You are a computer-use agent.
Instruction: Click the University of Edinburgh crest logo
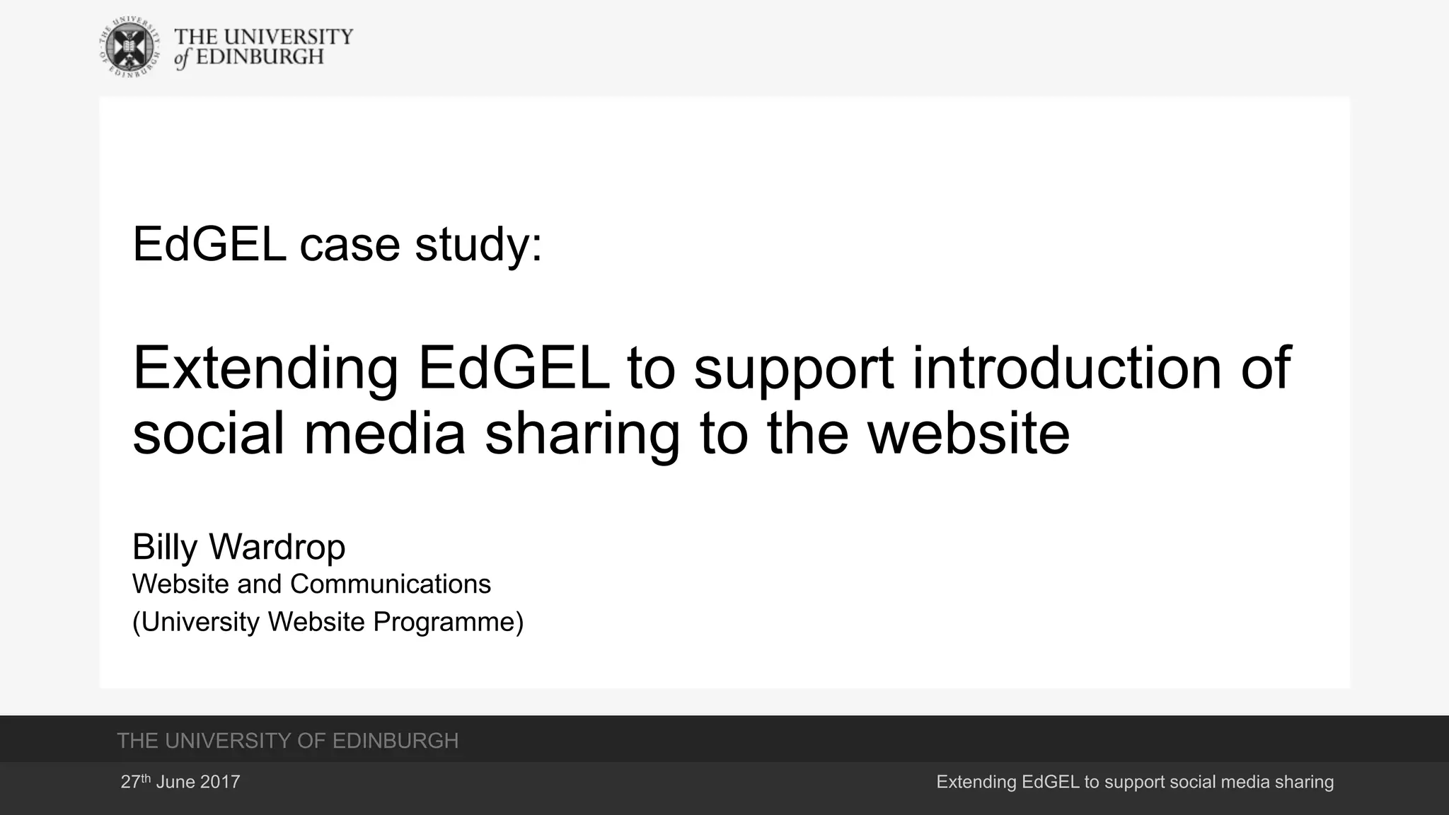[x=128, y=47]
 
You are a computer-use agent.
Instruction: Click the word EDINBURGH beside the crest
[x=259, y=57]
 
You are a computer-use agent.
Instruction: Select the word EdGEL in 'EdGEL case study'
[x=209, y=244]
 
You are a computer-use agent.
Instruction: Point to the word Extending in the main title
[x=265, y=369]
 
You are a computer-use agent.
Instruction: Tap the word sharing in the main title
[x=582, y=434]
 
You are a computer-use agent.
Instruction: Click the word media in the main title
[x=384, y=433]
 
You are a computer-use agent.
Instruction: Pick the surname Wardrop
[x=277, y=547]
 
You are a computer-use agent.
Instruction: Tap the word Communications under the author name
[x=390, y=584]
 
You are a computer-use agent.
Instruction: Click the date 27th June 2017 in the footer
[x=180, y=782]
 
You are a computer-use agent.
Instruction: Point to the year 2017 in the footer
[x=220, y=782]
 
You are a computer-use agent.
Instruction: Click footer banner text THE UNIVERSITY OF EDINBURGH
[x=287, y=741]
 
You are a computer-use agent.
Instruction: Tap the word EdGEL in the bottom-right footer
[x=1050, y=782]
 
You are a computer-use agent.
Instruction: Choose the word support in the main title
[x=793, y=369]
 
